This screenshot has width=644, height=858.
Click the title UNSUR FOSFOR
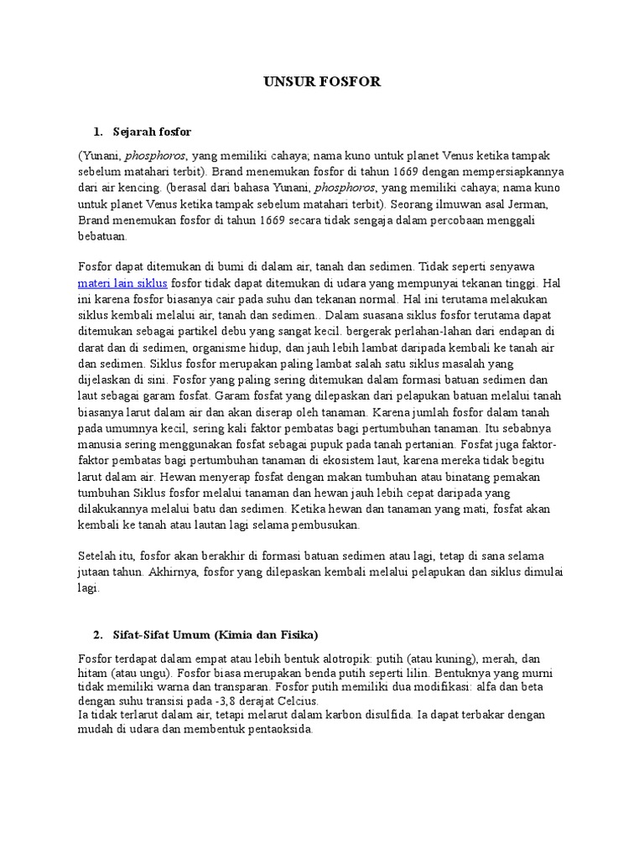[322, 81]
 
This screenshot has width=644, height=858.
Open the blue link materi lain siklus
[123, 283]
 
